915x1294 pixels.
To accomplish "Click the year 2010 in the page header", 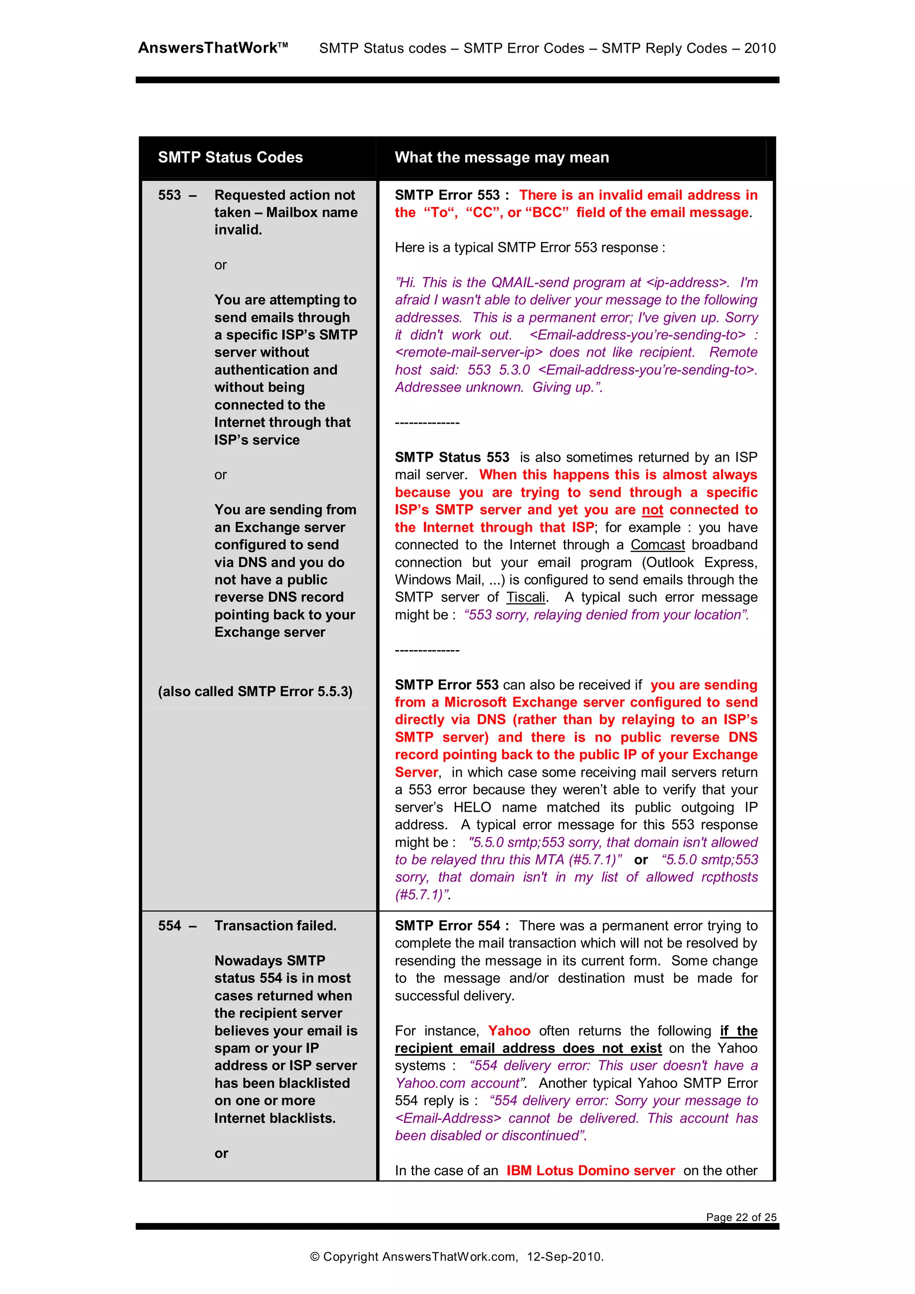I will click(760, 49).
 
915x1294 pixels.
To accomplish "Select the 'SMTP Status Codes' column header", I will click(230, 157).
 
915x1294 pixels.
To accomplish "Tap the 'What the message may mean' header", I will click(501, 157).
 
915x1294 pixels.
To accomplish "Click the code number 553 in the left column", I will click(169, 195).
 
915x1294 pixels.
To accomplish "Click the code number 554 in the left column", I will click(169, 926).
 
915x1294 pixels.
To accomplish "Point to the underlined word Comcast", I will click(657, 545).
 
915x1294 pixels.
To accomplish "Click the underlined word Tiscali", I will click(525, 597).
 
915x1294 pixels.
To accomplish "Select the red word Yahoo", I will click(508, 1031).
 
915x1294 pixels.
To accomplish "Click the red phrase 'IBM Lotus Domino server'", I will click(590, 1171).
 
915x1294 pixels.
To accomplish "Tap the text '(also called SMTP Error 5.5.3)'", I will click(255, 692).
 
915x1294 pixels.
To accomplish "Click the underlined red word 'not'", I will click(652, 510).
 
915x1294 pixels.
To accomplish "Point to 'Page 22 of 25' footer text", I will click(741, 1217).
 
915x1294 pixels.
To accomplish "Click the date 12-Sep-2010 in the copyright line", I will click(564, 1256).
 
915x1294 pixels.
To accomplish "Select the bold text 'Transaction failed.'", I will click(275, 926).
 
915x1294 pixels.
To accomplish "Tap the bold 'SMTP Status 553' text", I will click(452, 457).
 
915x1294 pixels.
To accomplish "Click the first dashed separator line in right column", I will click(427, 423).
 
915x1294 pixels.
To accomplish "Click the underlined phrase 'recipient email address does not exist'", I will click(528, 1048).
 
